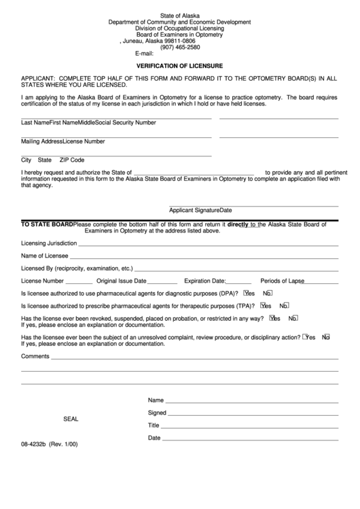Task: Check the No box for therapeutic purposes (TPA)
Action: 283,305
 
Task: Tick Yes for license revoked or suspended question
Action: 272,317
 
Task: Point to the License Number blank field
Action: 79,281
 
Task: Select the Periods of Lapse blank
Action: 322,281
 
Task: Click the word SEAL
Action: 71,419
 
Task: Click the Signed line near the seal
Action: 253,413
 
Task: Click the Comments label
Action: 35,356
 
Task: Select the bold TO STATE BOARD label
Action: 47,224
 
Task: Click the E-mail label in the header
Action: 145,54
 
